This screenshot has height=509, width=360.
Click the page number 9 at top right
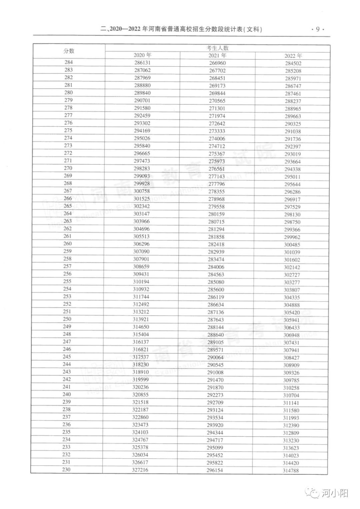(318, 29)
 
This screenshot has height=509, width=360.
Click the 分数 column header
(69, 51)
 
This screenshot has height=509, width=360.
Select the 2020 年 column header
(142, 55)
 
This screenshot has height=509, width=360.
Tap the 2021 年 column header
(217, 55)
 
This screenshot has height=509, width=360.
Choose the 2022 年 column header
(293, 56)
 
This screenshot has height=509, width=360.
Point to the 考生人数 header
(217, 48)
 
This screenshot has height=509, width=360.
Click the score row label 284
(69, 62)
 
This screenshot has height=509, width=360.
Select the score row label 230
(66, 469)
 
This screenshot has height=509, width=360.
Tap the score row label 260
(68, 243)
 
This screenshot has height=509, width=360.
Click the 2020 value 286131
(142, 63)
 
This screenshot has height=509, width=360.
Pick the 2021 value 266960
(217, 63)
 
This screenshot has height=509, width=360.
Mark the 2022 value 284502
(293, 63)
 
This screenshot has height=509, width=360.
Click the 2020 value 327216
(140, 470)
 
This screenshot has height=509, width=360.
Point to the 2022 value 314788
(291, 471)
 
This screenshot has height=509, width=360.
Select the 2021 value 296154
(215, 470)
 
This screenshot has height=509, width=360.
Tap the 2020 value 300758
(142, 191)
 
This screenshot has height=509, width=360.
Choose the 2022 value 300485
(292, 245)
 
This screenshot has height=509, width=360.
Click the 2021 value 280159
(216, 214)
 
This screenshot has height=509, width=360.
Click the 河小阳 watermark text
(335, 493)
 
